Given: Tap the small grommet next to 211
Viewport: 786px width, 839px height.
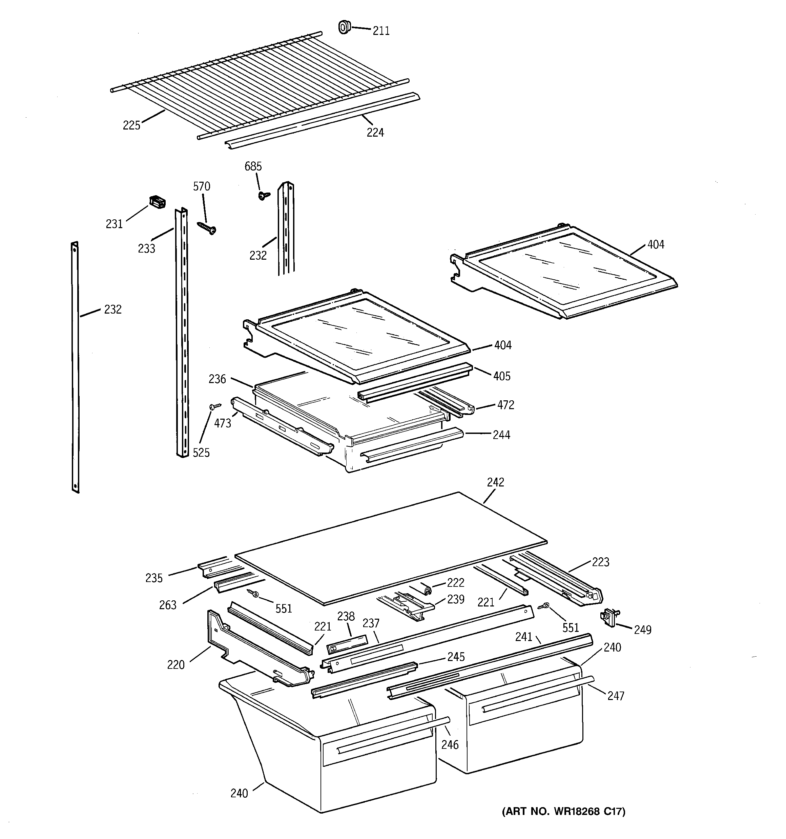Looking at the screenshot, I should (344, 27).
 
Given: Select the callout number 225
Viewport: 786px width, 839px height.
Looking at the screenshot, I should (131, 125).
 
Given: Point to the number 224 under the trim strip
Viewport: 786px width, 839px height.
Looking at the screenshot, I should (375, 133).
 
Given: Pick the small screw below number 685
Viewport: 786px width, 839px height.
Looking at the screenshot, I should (264, 195).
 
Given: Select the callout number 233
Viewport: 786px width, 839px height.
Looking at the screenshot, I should (146, 248).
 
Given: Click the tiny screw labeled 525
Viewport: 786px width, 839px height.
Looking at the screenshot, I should (215, 406).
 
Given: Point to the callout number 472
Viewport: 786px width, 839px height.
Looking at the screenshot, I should (505, 405).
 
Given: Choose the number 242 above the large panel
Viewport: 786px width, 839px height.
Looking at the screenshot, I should (495, 482).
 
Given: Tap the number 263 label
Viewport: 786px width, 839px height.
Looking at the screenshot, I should (167, 605).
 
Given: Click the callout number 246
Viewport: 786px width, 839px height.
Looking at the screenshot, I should (449, 745).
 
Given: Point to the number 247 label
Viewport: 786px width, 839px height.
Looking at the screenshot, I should (615, 696).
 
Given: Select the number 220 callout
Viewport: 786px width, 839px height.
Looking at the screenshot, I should (175, 665).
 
